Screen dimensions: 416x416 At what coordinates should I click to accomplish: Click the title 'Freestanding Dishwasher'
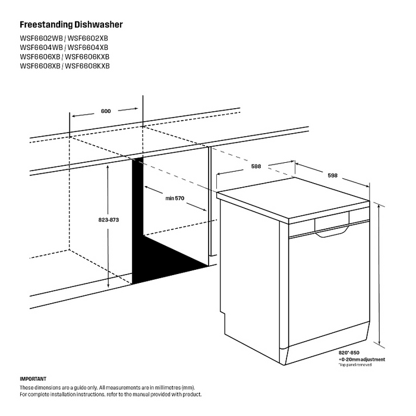point(71,26)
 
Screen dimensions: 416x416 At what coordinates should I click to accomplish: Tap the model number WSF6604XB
point(89,48)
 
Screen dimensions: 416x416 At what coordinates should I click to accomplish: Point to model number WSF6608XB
point(40,65)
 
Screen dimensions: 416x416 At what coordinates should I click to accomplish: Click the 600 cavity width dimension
point(106,111)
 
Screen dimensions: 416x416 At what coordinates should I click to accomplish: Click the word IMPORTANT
point(33,379)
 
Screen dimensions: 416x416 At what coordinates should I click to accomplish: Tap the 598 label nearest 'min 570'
point(256,166)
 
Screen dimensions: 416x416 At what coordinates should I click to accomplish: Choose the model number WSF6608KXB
point(87,65)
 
